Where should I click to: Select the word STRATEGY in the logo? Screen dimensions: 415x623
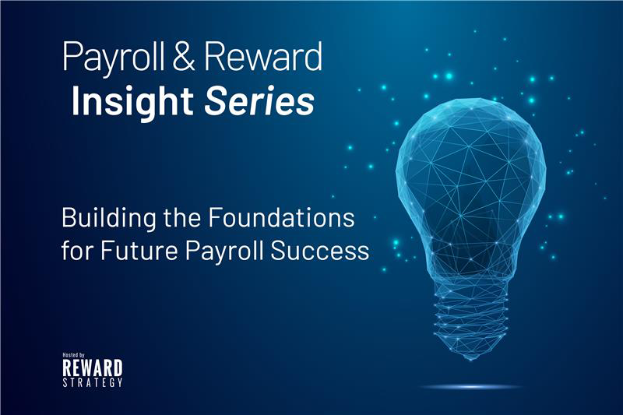[x=92, y=382]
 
